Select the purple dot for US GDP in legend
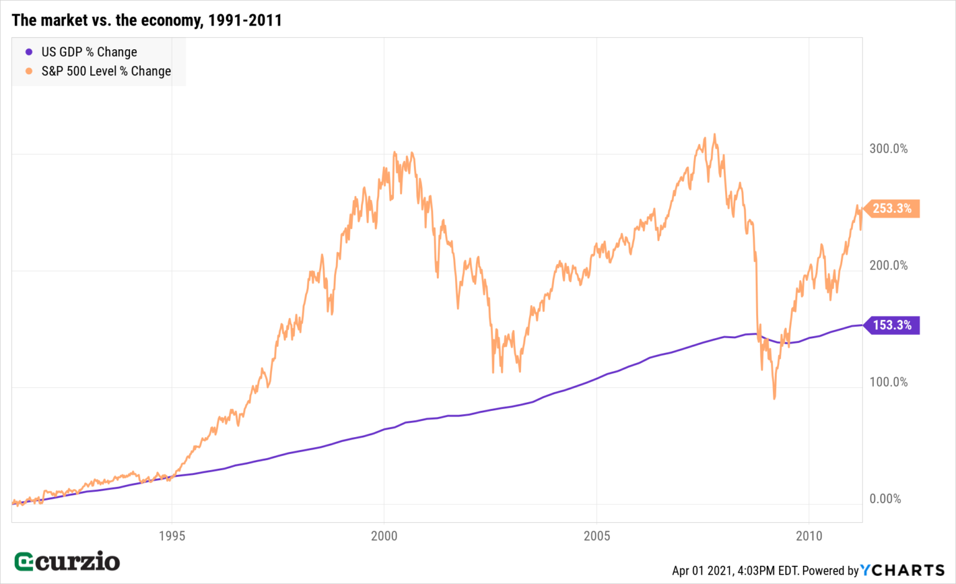(29, 52)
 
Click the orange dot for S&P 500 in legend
(29, 72)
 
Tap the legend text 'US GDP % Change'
(89, 52)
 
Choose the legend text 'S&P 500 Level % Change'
(106, 72)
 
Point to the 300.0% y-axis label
(888, 149)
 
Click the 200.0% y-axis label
(888, 266)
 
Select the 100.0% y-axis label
(888, 382)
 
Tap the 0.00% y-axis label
(885, 499)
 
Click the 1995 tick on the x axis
(172, 536)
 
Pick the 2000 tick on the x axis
(384, 536)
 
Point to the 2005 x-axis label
(597, 536)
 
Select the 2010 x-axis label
(809, 536)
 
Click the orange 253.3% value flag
(892, 209)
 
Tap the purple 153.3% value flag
(892, 325)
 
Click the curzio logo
(67, 562)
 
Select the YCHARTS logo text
(902, 570)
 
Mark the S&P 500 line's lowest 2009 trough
(774, 398)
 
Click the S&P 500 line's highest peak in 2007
(715, 134)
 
